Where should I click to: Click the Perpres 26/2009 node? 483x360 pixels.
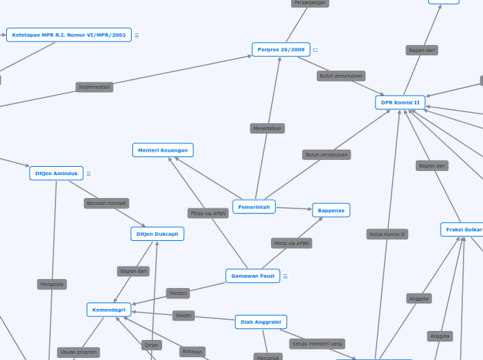click(x=281, y=50)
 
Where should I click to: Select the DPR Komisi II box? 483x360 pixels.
click(x=400, y=102)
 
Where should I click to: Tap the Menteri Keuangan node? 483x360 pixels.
click(x=163, y=150)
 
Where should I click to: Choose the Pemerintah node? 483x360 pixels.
click(x=254, y=207)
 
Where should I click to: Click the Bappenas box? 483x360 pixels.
click(x=331, y=210)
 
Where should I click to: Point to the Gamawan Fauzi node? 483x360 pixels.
click(x=252, y=276)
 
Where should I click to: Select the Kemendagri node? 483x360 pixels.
click(x=109, y=309)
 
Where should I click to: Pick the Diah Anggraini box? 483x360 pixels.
click(x=261, y=322)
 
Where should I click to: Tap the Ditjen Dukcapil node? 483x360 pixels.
click(x=157, y=234)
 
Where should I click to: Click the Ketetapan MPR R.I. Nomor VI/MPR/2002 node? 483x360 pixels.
click(x=69, y=35)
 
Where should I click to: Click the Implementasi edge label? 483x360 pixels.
click(x=94, y=87)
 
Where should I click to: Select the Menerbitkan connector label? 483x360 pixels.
click(x=267, y=128)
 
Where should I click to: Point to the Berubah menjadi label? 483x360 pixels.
click(x=107, y=204)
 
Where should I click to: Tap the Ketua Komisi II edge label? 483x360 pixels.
click(x=387, y=234)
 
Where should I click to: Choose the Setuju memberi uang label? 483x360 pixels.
click(x=317, y=343)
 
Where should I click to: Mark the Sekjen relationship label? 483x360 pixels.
click(x=184, y=316)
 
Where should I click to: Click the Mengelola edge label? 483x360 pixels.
click(x=52, y=284)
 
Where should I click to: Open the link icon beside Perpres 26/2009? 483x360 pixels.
click(x=315, y=50)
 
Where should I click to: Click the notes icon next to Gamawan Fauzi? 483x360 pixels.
click(x=286, y=276)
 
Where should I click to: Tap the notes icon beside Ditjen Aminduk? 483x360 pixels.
click(x=89, y=174)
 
